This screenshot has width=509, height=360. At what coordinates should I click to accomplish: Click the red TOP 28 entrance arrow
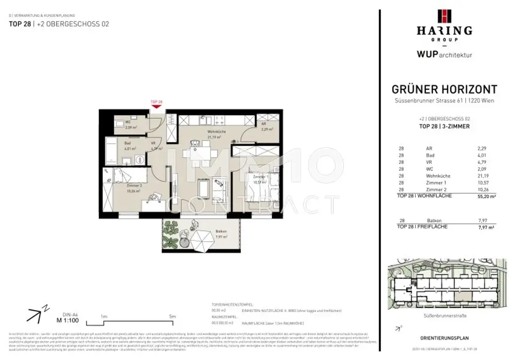pos(156,105)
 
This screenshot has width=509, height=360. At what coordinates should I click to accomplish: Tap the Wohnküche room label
pos(218,132)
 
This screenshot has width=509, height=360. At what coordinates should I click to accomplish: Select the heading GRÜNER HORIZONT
pos(444,90)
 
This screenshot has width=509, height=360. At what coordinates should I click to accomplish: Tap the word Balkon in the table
pos(433,220)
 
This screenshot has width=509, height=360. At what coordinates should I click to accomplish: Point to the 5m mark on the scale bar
pos(171,316)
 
